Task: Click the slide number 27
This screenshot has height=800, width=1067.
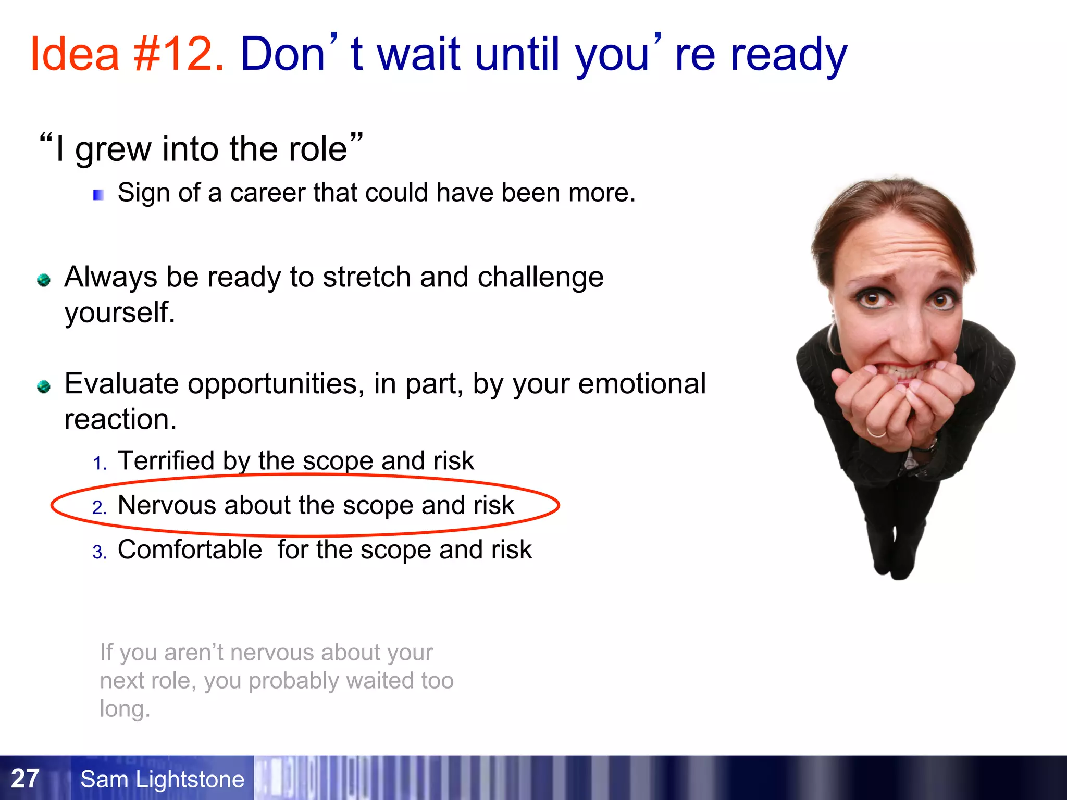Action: [25, 779]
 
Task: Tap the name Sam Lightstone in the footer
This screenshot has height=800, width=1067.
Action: [162, 779]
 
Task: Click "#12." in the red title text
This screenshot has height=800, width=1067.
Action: [179, 54]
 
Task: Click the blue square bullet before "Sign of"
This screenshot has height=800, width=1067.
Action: [98, 195]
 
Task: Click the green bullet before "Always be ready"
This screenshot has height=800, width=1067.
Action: [44, 280]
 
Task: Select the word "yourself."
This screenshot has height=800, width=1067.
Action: [120, 312]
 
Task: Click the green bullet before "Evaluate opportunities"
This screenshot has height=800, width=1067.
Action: [44, 387]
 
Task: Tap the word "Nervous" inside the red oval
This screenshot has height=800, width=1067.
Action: [167, 505]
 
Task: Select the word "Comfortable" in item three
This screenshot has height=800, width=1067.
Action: [190, 550]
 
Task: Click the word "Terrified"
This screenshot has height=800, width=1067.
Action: [166, 461]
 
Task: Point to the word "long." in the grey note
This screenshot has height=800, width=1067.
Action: [125, 709]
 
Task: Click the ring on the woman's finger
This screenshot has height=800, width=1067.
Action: [876, 432]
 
